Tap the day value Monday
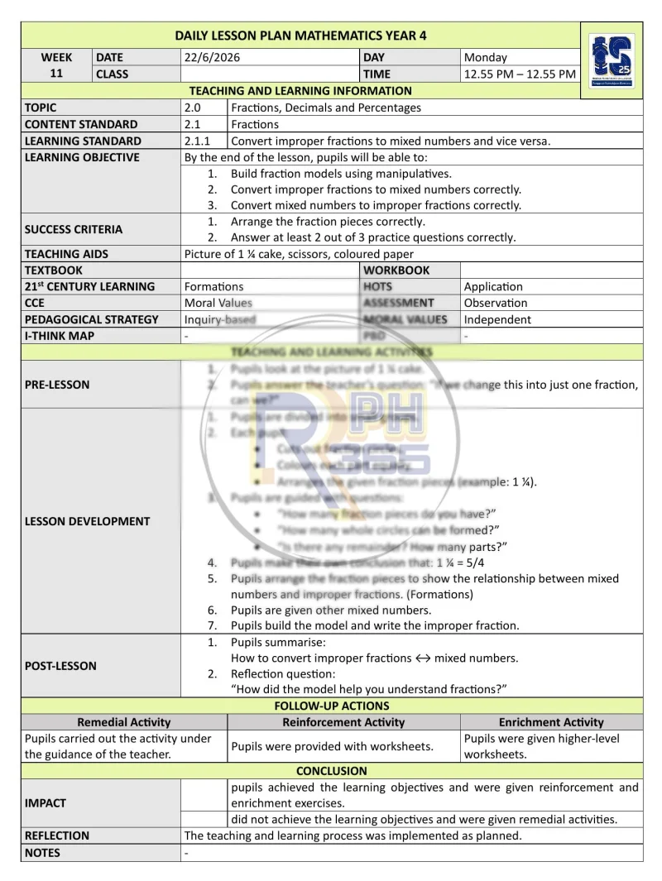point(486,58)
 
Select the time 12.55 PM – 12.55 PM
point(520,74)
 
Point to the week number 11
point(57,74)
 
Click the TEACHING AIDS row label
point(66,254)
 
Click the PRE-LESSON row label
point(57,385)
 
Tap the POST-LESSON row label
point(60,666)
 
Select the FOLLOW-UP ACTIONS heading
point(331,706)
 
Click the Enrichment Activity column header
point(551,722)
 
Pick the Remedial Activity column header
point(124,722)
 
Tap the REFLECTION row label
point(57,836)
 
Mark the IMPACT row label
point(46,802)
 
